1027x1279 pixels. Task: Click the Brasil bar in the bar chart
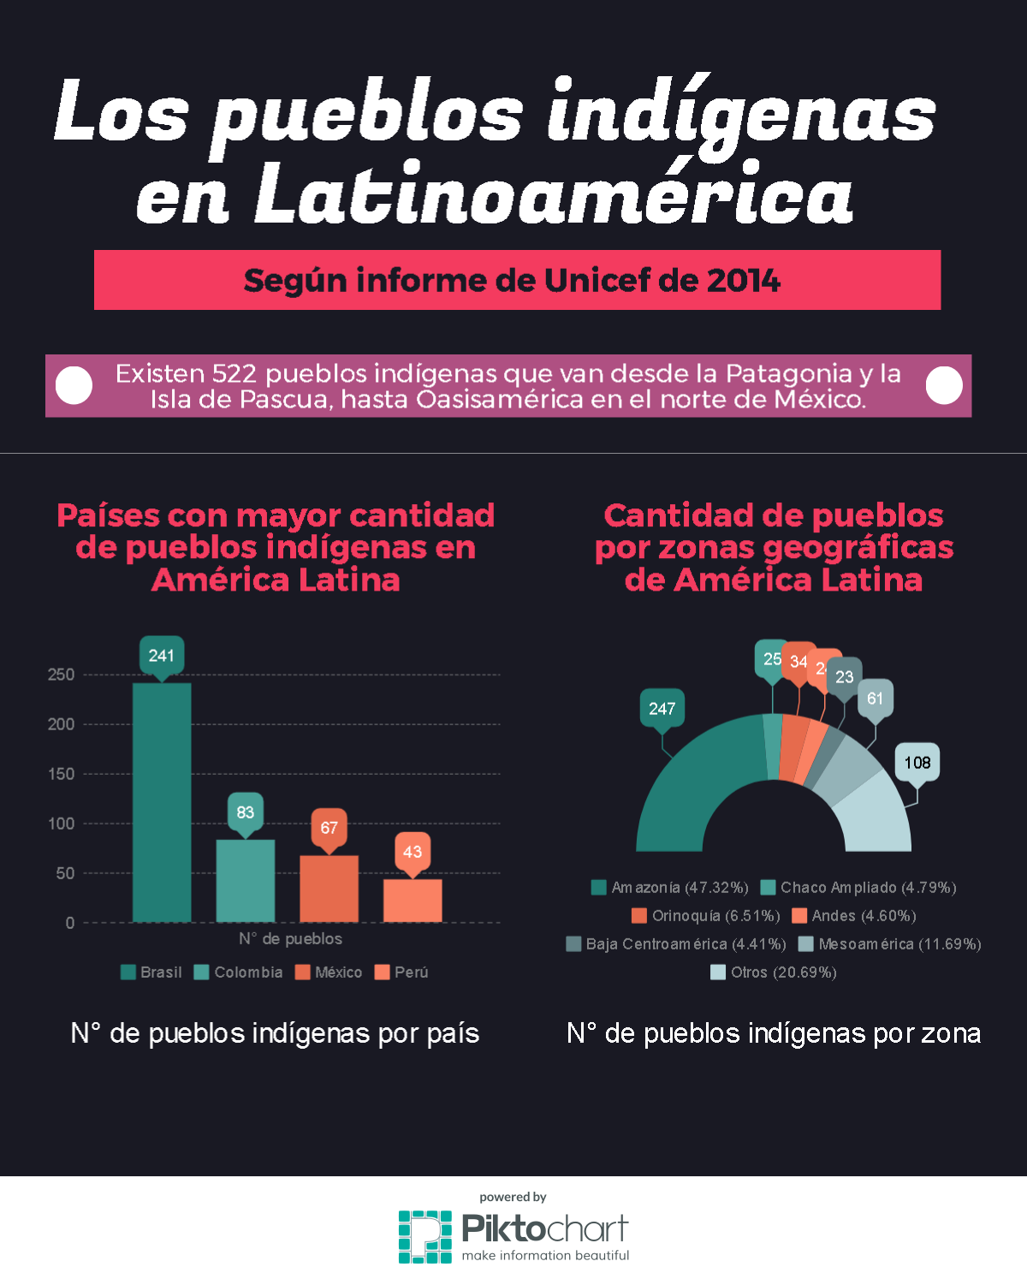(x=162, y=801)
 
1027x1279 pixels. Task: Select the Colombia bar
(x=246, y=880)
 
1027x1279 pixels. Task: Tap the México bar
(x=329, y=888)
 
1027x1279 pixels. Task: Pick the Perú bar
(x=413, y=900)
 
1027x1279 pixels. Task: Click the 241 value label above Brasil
(x=162, y=656)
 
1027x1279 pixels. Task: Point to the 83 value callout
(x=246, y=812)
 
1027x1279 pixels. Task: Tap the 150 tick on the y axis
(x=61, y=774)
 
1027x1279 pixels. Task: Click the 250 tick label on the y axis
(x=61, y=675)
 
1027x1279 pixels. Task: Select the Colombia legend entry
(x=239, y=973)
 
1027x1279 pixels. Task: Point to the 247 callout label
(x=662, y=709)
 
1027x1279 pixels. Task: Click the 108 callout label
(x=917, y=763)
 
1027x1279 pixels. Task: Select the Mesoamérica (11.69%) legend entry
(x=890, y=944)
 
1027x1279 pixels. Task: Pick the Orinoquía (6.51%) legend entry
(x=706, y=916)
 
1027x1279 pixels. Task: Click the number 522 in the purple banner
(x=234, y=374)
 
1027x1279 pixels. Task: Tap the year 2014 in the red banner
(x=744, y=281)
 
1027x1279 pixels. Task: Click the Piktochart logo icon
(x=424, y=1236)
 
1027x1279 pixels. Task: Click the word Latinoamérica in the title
(x=553, y=196)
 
